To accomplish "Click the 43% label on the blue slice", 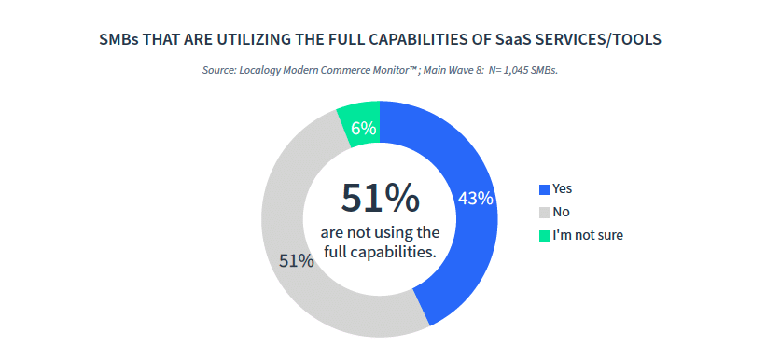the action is tap(476, 199).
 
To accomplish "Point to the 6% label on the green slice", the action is tap(364, 129).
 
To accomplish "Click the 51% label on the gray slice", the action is tap(297, 261).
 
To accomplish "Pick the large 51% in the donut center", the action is tap(380, 198).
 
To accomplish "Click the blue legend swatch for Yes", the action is tap(544, 189).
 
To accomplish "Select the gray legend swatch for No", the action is tap(544, 213).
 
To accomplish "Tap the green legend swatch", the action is tap(544, 236).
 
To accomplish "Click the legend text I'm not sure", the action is tap(588, 235).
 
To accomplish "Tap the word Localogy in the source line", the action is tap(259, 70).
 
